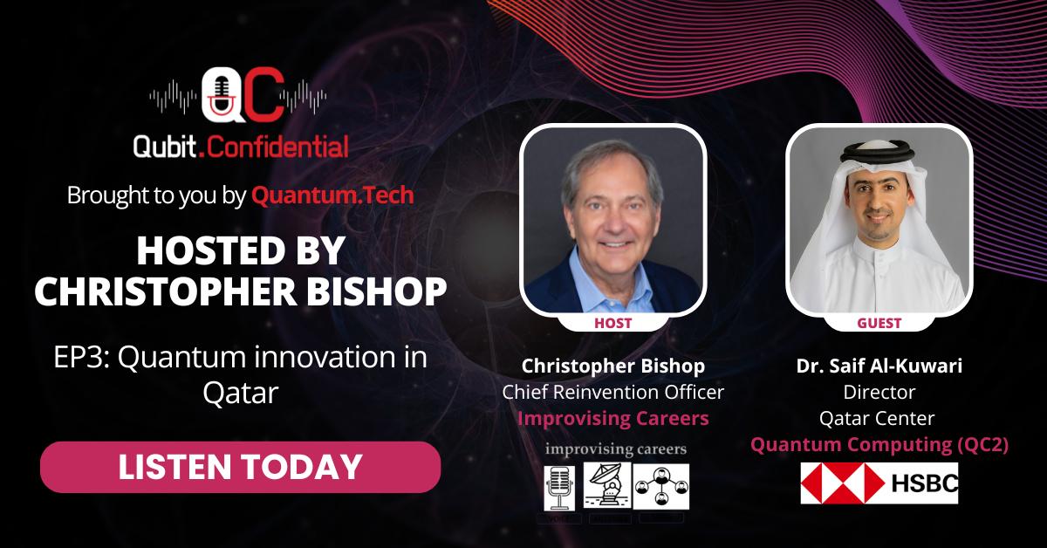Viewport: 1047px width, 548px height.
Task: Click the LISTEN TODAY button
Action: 240,467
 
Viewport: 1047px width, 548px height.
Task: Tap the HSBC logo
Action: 879,483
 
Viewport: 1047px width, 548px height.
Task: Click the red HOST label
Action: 612,323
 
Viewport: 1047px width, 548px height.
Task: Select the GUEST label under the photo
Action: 879,323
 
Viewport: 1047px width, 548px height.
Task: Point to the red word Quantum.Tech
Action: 332,195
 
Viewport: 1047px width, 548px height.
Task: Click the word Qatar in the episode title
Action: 241,393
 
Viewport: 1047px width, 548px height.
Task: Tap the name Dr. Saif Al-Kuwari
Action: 879,366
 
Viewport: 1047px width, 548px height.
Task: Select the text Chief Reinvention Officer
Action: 612,392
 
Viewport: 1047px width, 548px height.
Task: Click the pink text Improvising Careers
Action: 612,418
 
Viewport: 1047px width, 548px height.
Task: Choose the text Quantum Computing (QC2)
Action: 879,444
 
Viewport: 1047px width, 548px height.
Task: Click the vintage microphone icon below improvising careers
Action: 559,488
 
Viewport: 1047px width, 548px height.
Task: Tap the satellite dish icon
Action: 606,485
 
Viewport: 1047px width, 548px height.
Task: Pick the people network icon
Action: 661,487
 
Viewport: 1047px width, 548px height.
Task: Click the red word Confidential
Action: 277,147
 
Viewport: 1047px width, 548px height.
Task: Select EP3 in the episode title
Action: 81,358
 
